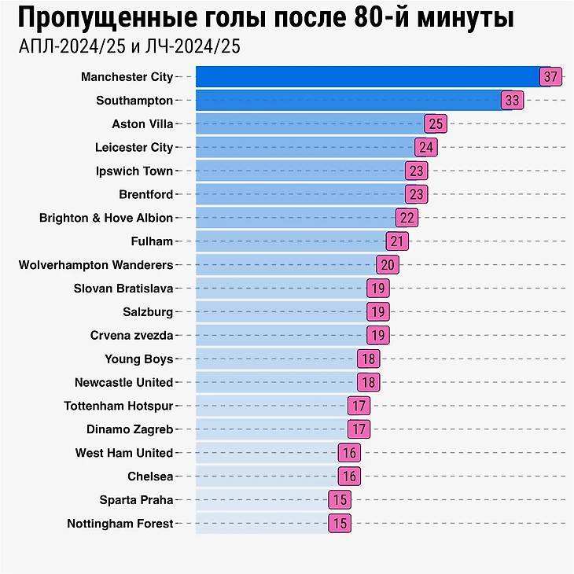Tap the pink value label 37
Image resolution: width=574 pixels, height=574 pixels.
(550, 77)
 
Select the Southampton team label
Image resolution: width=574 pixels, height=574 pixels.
(134, 101)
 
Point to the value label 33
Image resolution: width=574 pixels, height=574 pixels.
(513, 101)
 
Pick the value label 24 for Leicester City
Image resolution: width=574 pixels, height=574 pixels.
(426, 147)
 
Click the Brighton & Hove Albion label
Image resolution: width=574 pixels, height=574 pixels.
(106, 218)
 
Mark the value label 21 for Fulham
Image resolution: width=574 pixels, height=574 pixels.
(398, 241)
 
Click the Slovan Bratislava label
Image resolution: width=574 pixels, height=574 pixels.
(123, 289)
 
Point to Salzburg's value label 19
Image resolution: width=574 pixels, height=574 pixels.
(378, 312)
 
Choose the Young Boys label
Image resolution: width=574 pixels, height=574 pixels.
(139, 359)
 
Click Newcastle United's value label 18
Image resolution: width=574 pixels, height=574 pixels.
(369, 382)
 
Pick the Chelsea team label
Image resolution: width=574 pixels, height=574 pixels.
(150, 476)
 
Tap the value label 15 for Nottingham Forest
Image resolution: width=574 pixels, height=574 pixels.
(340, 524)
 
